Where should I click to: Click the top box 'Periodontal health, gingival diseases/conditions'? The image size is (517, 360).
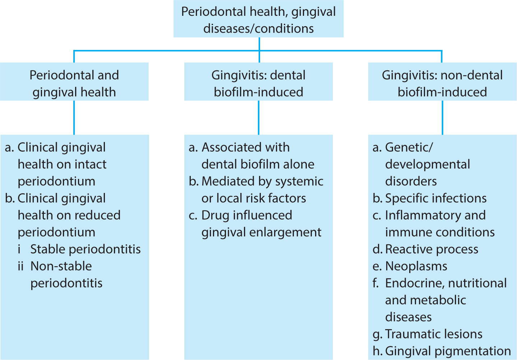tap(259, 19)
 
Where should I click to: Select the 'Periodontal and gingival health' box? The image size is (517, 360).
tap(74, 82)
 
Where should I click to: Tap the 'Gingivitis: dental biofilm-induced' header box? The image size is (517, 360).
tap(259, 82)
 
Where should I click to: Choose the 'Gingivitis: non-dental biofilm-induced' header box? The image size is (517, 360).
tap(442, 82)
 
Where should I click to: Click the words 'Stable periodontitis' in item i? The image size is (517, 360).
tap(86, 249)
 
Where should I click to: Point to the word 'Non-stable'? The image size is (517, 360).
tap(61, 266)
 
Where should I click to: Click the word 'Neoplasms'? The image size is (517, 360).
tap(416, 266)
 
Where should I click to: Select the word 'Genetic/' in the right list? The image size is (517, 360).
tap(409, 147)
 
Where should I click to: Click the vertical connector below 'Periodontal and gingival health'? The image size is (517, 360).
tap(74, 118)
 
